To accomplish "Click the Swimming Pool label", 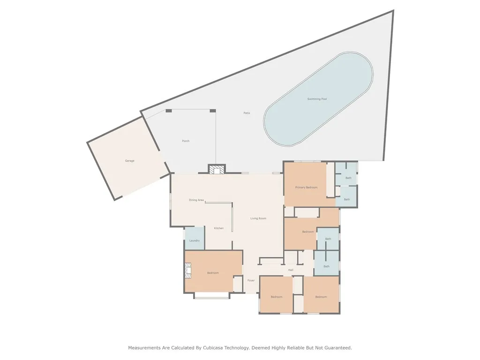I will click(317, 99).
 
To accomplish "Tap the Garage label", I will click(129, 161).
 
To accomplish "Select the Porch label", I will click(186, 141).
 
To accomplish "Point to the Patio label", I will click(247, 113).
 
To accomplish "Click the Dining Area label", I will click(196, 200).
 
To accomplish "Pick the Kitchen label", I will click(219, 228).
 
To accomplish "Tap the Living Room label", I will click(258, 218).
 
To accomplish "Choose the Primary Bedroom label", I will click(306, 187).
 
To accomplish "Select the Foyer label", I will click(251, 280).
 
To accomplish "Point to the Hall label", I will click(291, 270).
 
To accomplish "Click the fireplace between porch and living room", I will click(217, 169).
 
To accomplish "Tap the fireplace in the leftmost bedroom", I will click(188, 270).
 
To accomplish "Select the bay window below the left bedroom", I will click(212, 296).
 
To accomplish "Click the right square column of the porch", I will click(213, 111).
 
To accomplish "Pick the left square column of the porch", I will click(169, 111).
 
